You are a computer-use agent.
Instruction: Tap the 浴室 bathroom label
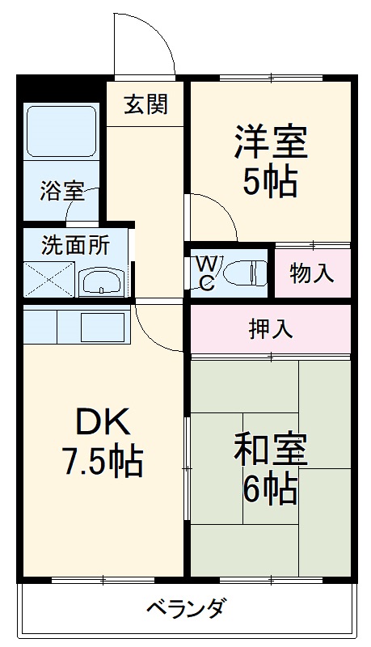point(62,192)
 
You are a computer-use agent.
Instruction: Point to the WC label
point(206,273)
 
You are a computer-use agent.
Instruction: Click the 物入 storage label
point(312,273)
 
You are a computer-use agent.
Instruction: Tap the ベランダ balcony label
point(186,607)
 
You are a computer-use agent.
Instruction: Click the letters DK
point(102,422)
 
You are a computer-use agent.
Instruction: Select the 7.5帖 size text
point(103,463)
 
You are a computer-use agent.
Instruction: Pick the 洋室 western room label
point(270,143)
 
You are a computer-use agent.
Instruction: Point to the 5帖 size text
point(270,183)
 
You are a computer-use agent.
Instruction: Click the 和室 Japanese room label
point(270,450)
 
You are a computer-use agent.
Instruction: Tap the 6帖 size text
point(270,488)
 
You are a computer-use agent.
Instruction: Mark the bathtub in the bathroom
point(62,131)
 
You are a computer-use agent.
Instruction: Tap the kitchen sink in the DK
point(102,325)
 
